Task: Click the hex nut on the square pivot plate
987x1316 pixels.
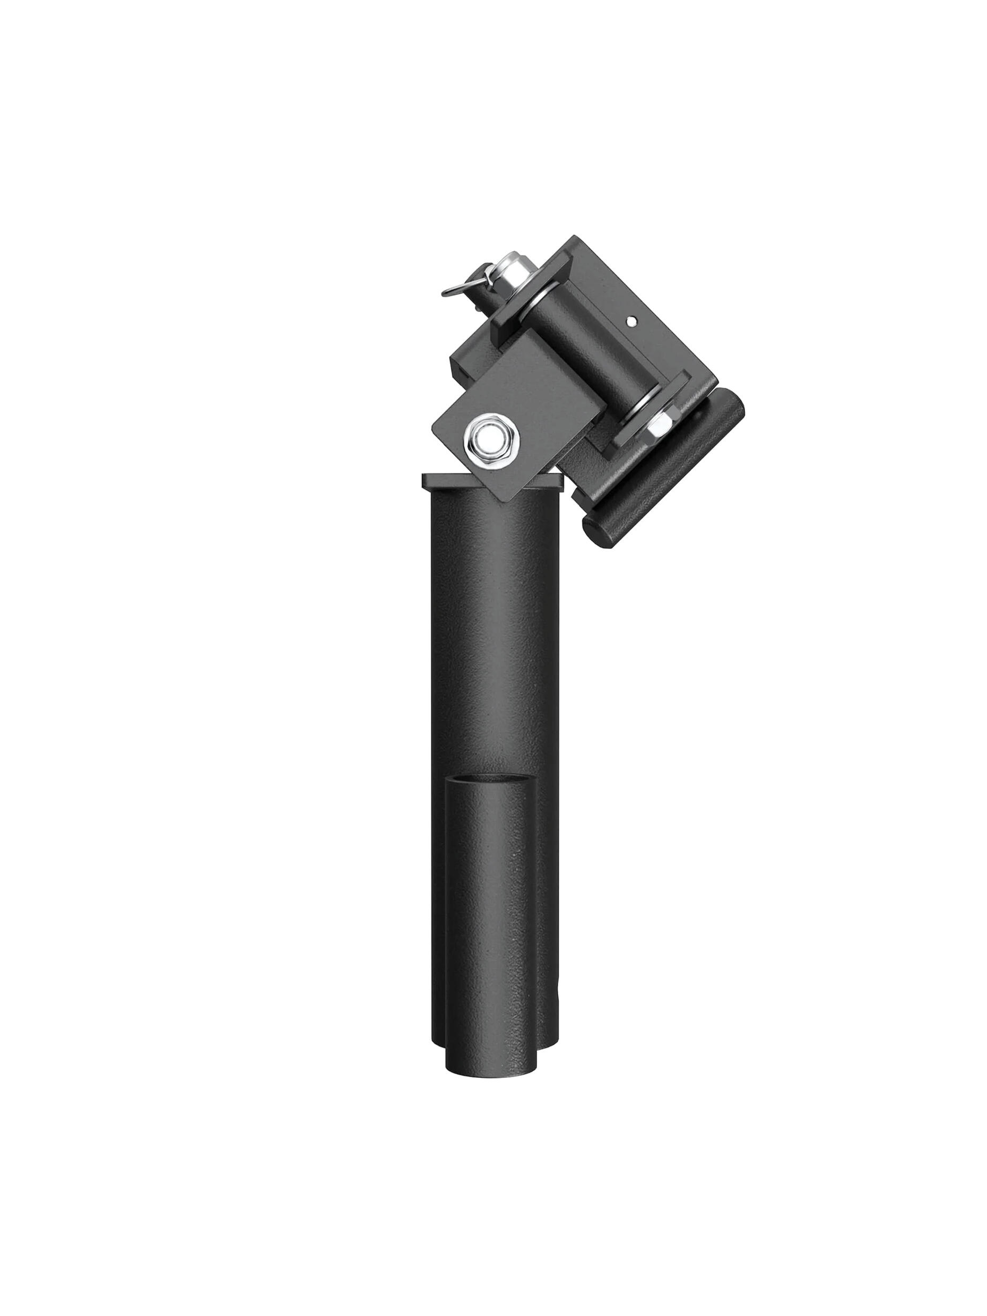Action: (x=495, y=441)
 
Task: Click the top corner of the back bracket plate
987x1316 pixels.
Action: (x=574, y=238)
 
